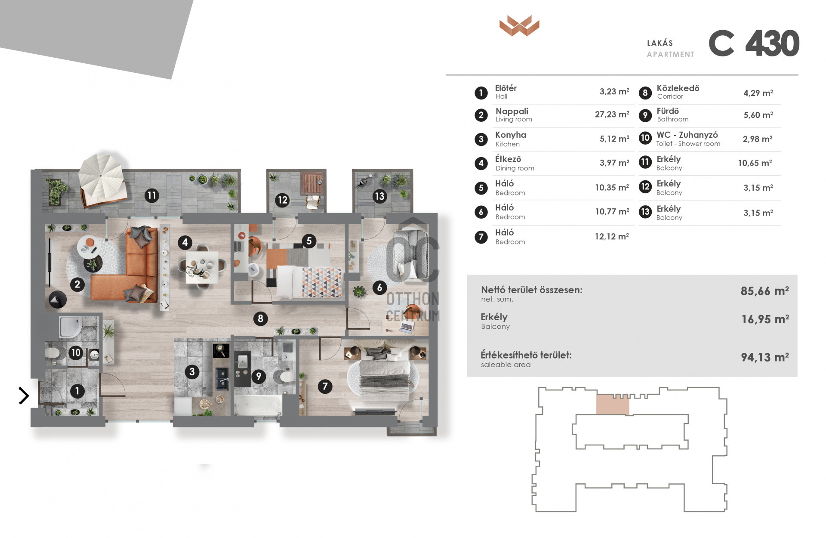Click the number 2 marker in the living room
tap(77, 284)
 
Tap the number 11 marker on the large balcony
tap(151, 195)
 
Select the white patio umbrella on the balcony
tap(102, 176)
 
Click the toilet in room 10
tap(52, 354)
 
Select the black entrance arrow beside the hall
tap(24, 396)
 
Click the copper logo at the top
tap(519, 25)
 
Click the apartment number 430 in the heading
tap(772, 43)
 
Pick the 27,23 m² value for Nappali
tap(612, 114)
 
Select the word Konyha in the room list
tap(511, 135)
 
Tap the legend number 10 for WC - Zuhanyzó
tap(645, 138)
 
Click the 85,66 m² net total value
tap(765, 291)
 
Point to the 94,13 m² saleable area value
tap(765, 357)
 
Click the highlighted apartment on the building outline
tap(613, 405)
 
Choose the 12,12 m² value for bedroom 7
tap(612, 237)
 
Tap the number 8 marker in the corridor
tap(260, 318)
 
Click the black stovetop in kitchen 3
tap(221, 351)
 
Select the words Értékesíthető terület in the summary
tap(526, 355)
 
